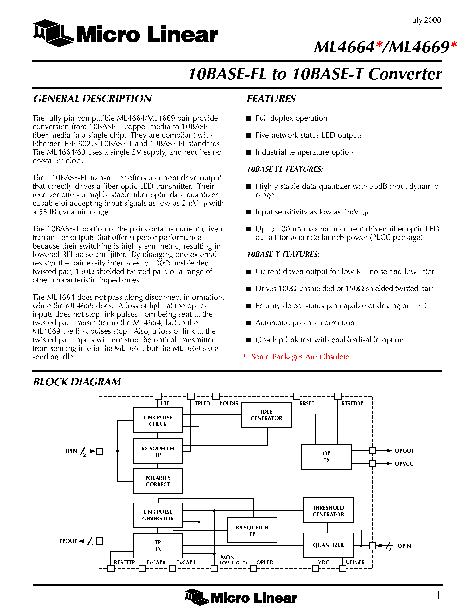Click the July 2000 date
click(x=425, y=20)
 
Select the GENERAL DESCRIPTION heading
click(x=92, y=99)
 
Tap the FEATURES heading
click(x=271, y=99)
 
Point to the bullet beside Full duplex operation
click(x=248, y=118)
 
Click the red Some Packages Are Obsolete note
click(x=300, y=357)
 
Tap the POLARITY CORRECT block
click(x=157, y=481)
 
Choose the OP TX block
click(x=326, y=457)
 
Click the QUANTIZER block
click(x=328, y=545)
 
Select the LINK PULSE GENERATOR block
click(x=157, y=515)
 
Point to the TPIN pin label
click(x=71, y=451)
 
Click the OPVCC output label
click(x=404, y=464)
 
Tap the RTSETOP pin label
click(x=352, y=403)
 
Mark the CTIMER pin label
click(x=355, y=562)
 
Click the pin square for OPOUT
click(x=372, y=451)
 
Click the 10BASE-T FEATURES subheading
click(x=283, y=255)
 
